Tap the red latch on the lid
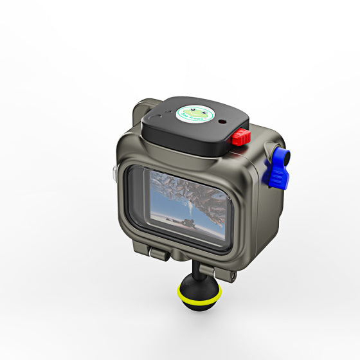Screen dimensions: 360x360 pos(241,136)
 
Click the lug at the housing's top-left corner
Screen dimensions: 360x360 pos(143,107)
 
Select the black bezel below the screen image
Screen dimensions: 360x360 pos(186,240)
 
